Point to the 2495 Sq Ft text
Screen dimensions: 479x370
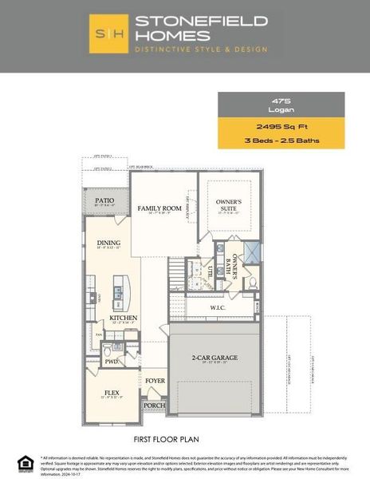[x=281, y=126]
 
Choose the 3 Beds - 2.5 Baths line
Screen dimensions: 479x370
[x=281, y=141]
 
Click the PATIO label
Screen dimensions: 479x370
[x=104, y=200]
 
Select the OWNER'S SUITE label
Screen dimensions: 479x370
[x=236, y=206]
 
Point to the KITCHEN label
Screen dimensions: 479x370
[x=124, y=318]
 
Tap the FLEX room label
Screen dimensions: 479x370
[x=112, y=393]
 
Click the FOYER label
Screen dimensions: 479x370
[x=155, y=381]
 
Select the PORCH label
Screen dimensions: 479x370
[x=154, y=406]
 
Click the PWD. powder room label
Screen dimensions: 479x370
[x=112, y=362]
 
